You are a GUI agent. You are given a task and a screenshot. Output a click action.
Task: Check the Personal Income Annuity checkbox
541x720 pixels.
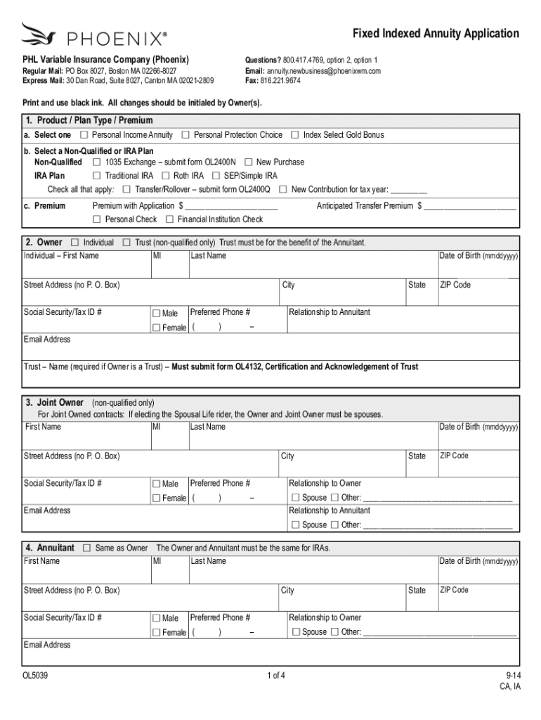(84, 135)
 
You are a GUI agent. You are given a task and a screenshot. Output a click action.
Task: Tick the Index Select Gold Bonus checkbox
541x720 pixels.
(296, 135)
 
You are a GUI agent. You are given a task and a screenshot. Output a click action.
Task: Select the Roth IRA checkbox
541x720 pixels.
(166, 176)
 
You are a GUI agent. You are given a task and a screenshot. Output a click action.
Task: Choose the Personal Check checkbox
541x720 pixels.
(98, 220)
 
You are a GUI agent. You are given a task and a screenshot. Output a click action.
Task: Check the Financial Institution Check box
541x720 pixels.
(170, 220)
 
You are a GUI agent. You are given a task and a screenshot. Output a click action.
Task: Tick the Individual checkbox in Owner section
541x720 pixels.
(76, 243)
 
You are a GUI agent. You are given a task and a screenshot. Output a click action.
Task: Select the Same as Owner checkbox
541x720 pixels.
(88, 548)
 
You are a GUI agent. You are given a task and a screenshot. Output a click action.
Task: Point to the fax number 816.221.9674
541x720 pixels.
(280, 81)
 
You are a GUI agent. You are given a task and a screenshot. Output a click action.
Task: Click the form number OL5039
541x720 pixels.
(35, 676)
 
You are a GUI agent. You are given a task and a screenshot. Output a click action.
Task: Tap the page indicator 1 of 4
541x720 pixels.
(276, 676)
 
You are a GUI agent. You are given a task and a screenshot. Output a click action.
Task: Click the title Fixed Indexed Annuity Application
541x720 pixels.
(436, 34)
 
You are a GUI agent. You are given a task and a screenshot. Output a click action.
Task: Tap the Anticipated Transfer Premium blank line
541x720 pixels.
(469, 207)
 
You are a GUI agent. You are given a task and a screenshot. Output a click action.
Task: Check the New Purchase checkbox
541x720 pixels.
(249, 162)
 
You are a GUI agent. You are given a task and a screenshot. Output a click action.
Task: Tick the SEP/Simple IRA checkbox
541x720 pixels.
(217, 176)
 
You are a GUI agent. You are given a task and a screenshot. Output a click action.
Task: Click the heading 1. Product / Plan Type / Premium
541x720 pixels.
(87, 120)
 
